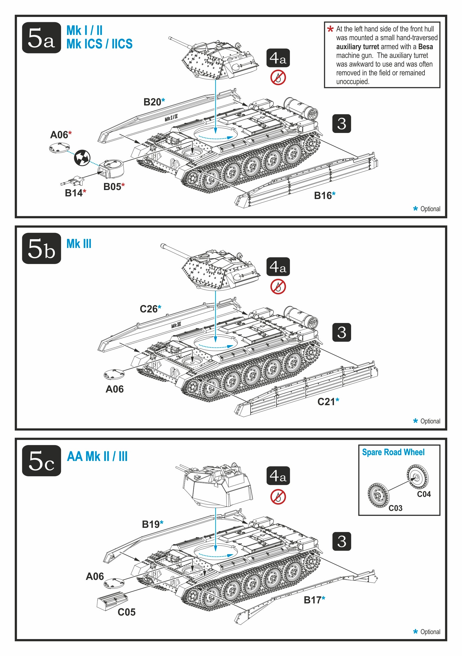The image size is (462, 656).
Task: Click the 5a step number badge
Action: click(41, 38)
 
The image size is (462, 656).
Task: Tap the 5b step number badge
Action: click(41, 248)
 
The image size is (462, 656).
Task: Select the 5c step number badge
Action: click(41, 460)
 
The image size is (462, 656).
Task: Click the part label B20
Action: click(152, 102)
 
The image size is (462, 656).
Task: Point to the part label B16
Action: click(323, 196)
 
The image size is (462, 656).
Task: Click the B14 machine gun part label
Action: click(74, 193)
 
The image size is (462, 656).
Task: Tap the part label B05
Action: click(112, 187)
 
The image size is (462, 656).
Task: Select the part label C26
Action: click(149, 309)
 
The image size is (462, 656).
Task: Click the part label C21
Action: click(326, 402)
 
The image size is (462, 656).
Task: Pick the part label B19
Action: click(151, 524)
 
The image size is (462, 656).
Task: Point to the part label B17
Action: click(313, 600)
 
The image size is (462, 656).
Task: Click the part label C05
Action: click(126, 612)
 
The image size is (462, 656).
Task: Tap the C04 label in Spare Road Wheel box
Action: click(424, 494)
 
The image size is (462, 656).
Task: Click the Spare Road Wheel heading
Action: click(393, 452)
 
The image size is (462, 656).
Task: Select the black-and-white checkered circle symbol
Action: click(82, 158)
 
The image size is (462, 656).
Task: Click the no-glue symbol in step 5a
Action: click(278, 78)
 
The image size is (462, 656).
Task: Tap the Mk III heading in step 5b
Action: click(79, 244)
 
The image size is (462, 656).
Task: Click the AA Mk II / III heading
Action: click(97, 456)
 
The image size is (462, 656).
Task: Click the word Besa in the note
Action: click(425, 47)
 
